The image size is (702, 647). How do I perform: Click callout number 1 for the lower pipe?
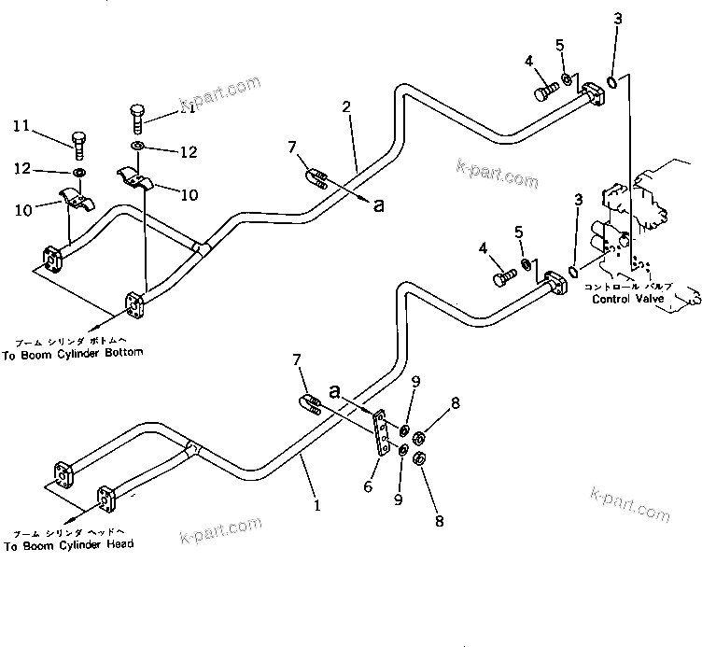coord(317,507)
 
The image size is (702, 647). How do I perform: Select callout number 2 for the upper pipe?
coord(346,107)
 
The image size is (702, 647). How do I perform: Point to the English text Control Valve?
coord(628,300)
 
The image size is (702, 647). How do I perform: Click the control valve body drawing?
coord(644,224)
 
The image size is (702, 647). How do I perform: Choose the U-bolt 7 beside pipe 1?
coord(311,404)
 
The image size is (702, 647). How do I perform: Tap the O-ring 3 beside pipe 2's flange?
coord(611,83)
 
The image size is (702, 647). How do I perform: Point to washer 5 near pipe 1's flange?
coord(527,265)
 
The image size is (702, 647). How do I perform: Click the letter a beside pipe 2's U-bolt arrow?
coord(379,206)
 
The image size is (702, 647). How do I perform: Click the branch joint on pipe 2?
coord(198,248)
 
